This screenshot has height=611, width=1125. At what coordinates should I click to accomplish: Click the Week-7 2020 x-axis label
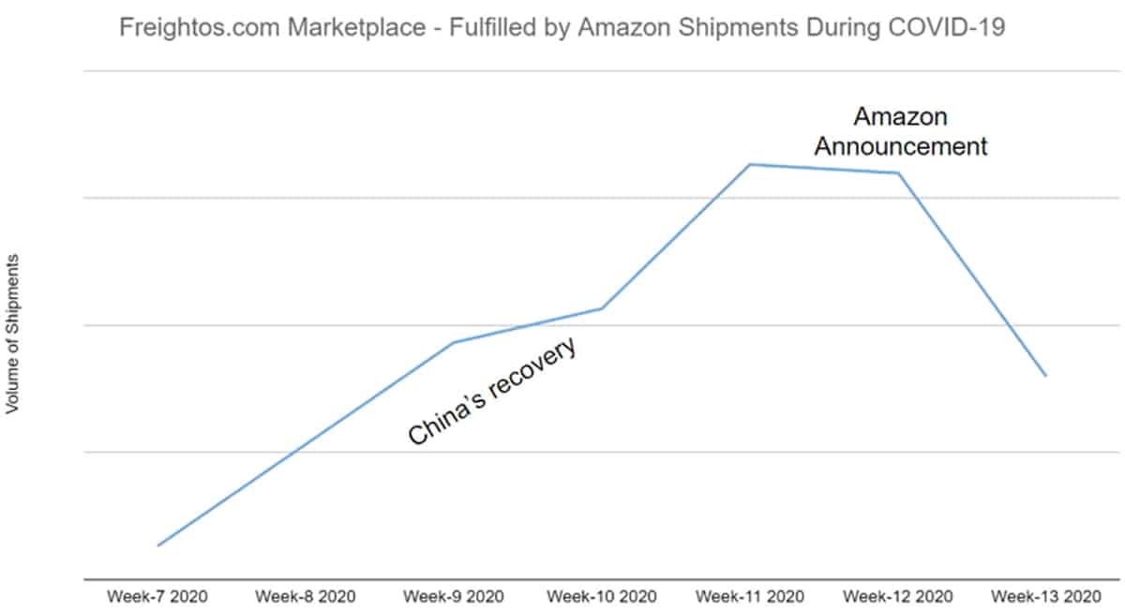157,596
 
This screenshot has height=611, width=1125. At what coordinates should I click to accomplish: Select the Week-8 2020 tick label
306,596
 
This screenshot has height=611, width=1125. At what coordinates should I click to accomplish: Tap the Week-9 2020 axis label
454,596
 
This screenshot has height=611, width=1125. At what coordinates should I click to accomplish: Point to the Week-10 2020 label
602,596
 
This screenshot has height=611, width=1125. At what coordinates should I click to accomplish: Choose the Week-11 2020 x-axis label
750,596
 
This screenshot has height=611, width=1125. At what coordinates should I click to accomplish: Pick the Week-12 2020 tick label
898,596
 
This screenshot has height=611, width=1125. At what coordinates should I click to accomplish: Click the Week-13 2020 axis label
1046,596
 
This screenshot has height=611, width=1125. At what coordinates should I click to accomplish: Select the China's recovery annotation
491,392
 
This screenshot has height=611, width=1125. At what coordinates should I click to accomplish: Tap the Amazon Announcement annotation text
900,132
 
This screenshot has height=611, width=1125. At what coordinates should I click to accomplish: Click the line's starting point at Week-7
157,545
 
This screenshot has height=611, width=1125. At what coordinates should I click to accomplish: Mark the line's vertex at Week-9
454,343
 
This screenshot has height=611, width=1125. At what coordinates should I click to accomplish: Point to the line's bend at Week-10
602,308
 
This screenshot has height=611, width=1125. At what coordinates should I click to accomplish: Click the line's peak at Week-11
750,165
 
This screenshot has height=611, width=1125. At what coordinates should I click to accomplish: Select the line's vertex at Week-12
899,173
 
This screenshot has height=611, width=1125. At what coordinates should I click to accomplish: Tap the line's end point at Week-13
1046,376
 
